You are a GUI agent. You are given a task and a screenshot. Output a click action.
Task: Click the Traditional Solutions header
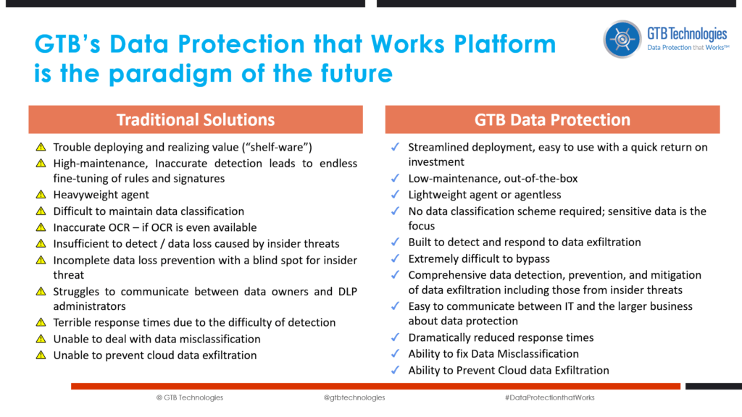196,119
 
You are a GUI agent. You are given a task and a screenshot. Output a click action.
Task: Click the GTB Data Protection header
552,119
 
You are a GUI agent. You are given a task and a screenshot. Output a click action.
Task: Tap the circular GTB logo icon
623,38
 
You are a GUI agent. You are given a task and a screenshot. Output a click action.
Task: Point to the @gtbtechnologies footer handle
354,397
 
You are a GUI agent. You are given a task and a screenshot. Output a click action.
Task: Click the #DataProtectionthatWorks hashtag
549,397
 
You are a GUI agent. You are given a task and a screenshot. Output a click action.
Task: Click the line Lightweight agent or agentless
484,195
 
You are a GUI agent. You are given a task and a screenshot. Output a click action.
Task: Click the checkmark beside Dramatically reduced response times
395,338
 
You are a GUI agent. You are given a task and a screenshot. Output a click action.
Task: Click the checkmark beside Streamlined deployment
395,147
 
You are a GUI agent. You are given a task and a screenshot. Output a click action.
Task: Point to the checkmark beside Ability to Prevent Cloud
395,370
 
